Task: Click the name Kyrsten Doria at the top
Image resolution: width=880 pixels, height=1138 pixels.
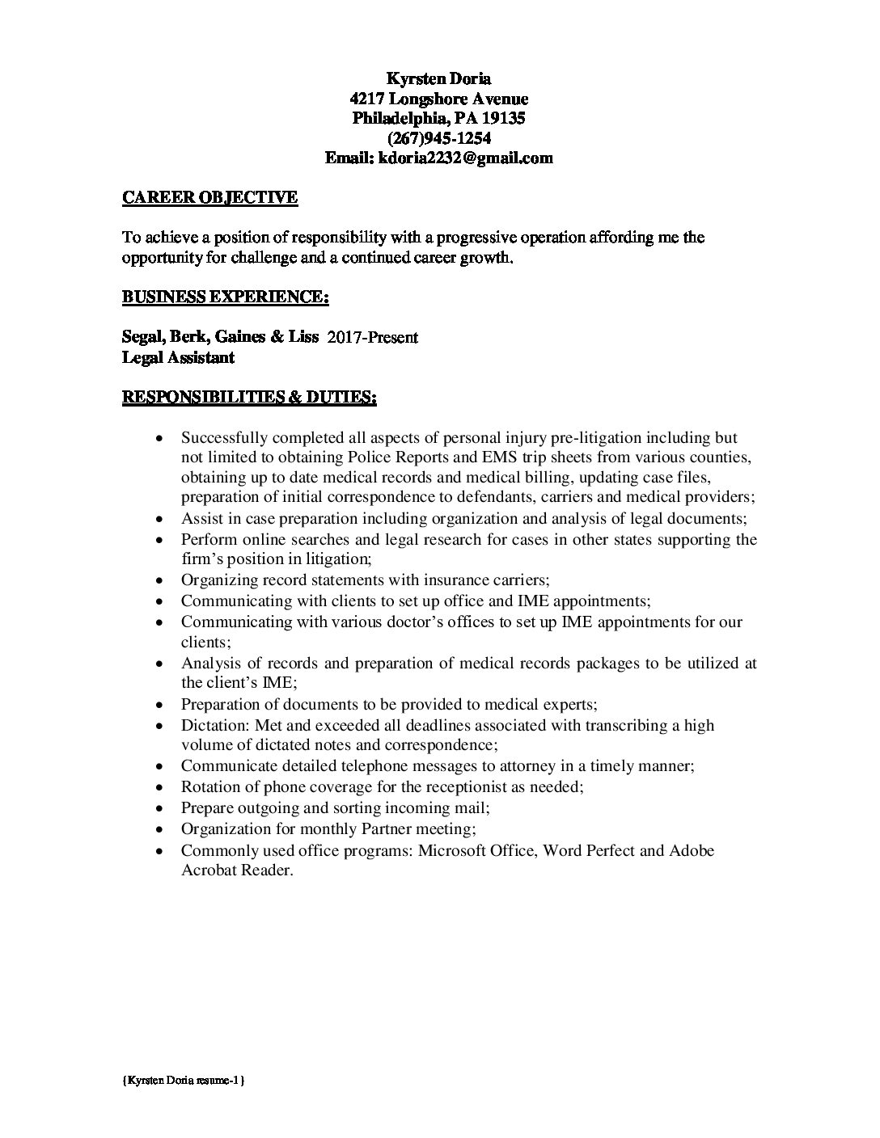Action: click(438, 78)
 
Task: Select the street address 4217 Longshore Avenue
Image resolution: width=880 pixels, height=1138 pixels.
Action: click(438, 99)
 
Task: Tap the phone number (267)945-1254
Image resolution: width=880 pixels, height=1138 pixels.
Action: click(438, 138)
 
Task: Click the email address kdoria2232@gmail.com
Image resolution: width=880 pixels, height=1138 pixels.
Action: click(461, 158)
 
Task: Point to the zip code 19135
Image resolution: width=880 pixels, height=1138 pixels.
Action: click(503, 119)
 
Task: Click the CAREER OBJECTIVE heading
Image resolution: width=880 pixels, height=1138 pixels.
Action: click(209, 197)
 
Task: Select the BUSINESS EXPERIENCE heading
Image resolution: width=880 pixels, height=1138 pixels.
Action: click(225, 297)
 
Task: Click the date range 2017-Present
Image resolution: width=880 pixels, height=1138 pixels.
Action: click(372, 337)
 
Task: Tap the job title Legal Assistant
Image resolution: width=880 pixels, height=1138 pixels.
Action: click(178, 356)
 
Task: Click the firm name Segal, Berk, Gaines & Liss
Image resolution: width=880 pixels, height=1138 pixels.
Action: click(220, 336)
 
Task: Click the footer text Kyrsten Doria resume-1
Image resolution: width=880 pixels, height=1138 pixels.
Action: click(185, 1080)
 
